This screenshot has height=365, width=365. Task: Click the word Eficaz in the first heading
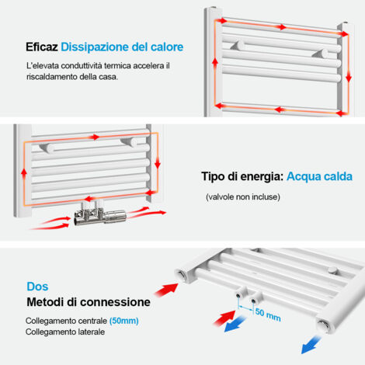pos(40,47)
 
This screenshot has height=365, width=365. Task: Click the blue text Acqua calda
pos(314,176)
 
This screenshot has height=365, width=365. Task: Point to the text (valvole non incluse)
pos(242,196)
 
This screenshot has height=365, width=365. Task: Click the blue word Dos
pos(36,286)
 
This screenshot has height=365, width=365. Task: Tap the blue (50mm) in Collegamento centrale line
pos(125,321)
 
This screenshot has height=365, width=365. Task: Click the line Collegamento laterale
pos(65,332)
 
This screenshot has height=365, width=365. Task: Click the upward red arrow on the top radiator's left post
pos(214,64)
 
